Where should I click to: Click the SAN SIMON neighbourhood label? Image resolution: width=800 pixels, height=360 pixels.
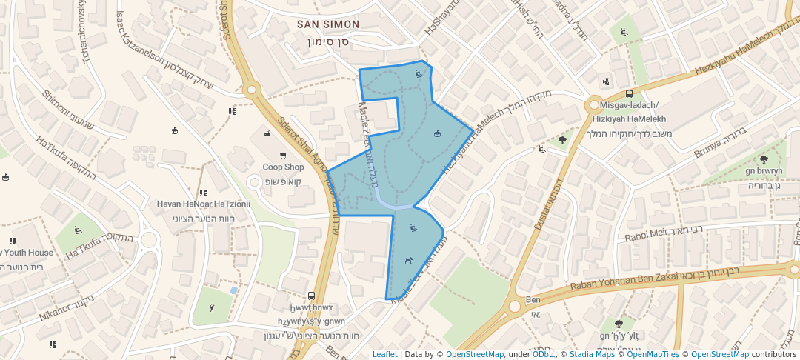[x=328, y=24]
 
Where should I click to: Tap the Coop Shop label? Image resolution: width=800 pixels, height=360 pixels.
[x=283, y=167]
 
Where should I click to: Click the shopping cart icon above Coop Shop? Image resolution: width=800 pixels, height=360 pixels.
[x=282, y=156]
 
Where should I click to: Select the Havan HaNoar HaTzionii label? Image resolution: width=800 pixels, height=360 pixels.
[x=204, y=204]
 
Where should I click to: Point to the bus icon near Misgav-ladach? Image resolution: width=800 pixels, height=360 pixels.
[x=629, y=94]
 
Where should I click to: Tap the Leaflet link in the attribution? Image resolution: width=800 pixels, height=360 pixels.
[x=384, y=355]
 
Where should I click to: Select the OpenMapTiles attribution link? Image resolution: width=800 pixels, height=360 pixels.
[x=653, y=355]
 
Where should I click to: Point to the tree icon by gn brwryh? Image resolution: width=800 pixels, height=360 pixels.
[x=764, y=159]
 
